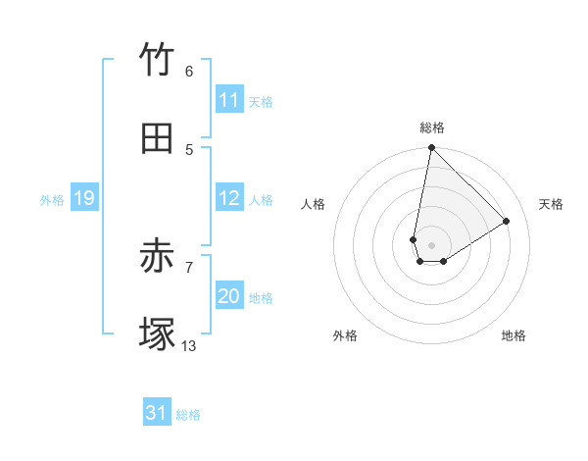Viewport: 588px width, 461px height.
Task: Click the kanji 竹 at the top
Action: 157,61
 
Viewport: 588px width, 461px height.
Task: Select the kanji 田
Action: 157,138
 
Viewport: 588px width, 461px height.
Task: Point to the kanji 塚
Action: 157,334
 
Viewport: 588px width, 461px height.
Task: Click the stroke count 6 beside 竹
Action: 189,72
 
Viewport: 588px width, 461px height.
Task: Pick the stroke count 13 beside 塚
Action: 189,345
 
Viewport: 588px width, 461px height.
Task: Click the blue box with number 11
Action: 229,100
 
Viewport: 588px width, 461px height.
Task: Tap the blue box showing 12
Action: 229,198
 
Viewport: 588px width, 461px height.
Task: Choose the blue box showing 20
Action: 229,296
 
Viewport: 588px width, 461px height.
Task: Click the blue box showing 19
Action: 83,198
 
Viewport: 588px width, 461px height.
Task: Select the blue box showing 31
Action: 157,414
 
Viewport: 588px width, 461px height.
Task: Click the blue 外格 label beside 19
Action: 52,199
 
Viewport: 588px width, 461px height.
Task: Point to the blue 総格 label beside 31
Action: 188,415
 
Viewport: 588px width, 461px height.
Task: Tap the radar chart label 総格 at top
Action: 431,128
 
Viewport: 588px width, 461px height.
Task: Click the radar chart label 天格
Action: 551,204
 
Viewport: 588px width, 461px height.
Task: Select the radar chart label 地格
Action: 514,335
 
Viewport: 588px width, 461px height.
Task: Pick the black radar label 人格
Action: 313,204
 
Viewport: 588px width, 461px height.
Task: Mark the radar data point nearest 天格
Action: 506,222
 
